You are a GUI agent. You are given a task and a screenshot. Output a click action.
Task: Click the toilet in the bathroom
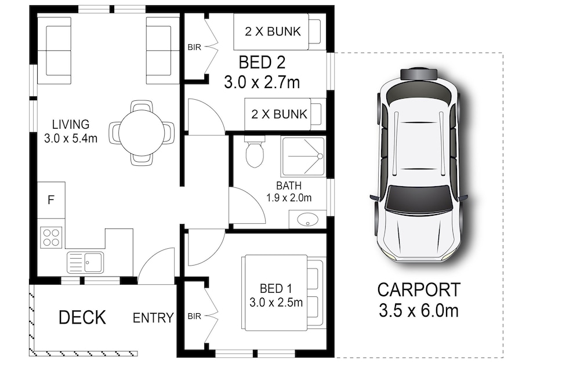tap(255, 152)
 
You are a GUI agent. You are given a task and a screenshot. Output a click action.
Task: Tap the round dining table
tap(142, 132)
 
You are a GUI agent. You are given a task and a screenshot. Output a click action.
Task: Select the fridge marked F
tap(51, 200)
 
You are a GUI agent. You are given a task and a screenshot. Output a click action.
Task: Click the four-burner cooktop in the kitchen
tap(51, 238)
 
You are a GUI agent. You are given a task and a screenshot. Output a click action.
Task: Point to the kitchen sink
tap(85, 262)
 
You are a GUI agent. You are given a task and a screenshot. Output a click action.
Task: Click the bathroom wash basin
tap(307, 219)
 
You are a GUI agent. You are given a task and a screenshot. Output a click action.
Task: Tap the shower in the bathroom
tap(303, 157)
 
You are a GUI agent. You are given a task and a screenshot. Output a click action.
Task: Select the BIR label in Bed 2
tap(194, 48)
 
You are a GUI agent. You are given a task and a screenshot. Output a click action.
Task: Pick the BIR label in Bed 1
tap(194, 316)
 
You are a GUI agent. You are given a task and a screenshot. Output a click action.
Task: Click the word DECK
tap(82, 317)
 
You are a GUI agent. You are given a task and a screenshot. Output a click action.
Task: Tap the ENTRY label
tap(153, 318)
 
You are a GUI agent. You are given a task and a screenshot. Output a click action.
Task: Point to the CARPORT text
tap(419, 290)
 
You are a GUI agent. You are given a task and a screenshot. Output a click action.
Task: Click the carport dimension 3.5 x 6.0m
tap(419, 310)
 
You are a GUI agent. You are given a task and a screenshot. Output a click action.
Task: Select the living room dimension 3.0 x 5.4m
tap(71, 139)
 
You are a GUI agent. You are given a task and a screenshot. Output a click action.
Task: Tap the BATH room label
tap(288, 186)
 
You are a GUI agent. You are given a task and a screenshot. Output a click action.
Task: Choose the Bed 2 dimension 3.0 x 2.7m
tap(262, 82)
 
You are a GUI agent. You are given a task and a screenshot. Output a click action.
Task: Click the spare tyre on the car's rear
tap(419, 74)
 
